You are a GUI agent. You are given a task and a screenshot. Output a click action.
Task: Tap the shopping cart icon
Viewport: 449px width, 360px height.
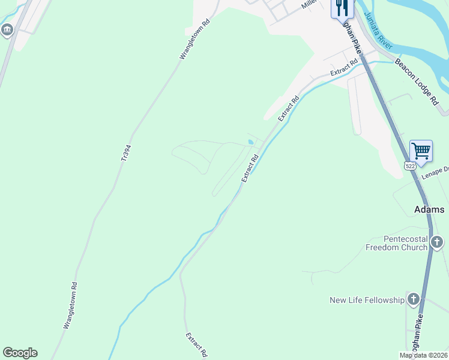click(421, 150)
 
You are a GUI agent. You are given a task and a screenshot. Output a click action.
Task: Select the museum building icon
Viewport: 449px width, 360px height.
click(7, 30)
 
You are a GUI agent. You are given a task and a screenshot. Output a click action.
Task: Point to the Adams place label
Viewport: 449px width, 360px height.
click(429, 209)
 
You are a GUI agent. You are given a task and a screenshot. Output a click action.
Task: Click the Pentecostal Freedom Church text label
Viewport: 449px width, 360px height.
click(397, 242)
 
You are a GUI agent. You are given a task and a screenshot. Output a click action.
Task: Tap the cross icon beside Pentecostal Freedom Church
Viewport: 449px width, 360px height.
click(437, 242)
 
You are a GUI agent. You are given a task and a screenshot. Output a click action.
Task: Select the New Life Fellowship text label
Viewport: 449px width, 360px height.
click(367, 300)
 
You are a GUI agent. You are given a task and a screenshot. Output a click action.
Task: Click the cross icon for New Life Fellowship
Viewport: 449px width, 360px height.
click(413, 299)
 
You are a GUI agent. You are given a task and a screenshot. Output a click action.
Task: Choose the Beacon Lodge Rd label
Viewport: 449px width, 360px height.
click(417, 82)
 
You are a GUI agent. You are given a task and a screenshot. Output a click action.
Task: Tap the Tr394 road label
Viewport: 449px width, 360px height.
click(125, 152)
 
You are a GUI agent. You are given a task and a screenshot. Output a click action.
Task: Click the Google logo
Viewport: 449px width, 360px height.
click(20, 353)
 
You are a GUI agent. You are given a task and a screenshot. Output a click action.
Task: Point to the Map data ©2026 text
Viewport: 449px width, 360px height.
click(424, 355)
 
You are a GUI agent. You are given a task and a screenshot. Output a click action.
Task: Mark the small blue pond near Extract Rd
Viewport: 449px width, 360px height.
click(250, 142)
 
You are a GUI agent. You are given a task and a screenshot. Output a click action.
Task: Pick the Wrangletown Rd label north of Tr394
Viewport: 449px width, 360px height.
click(194, 40)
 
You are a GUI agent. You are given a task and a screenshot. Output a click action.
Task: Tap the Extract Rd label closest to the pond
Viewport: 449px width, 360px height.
click(250, 169)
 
